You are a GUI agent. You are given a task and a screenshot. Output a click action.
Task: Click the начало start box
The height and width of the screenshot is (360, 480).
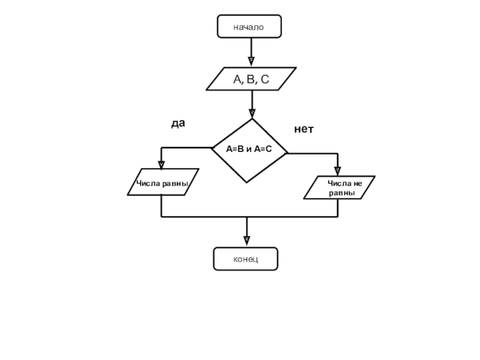click(x=249, y=26)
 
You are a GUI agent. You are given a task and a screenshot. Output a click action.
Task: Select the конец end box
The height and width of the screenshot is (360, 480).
click(x=245, y=259)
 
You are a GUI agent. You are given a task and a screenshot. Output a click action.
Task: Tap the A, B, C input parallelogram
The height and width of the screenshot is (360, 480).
click(x=251, y=79)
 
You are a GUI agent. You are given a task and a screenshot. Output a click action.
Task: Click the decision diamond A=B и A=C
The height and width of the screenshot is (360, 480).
click(x=249, y=151)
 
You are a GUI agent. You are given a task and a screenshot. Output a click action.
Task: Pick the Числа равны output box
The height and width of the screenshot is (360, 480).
click(x=163, y=182)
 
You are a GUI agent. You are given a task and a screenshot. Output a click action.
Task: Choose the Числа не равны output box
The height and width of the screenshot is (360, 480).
click(x=339, y=187)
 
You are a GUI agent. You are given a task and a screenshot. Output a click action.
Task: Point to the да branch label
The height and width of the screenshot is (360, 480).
click(x=178, y=123)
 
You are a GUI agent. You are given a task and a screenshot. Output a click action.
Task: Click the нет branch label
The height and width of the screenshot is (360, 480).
click(x=304, y=129)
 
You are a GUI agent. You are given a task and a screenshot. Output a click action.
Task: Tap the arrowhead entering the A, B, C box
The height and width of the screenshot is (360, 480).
click(x=251, y=61)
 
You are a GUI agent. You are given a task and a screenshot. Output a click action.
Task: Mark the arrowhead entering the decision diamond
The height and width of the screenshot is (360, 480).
click(x=252, y=113)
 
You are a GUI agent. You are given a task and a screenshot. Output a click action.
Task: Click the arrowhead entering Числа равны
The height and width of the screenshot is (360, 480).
click(x=161, y=165)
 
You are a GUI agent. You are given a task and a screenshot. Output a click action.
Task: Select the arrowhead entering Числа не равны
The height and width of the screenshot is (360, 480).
click(x=338, y=171)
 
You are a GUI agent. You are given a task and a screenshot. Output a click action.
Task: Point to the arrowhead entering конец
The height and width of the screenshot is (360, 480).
click(x=247, y=241)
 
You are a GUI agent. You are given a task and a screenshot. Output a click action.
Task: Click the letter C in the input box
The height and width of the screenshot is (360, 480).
click(x=265, y=79)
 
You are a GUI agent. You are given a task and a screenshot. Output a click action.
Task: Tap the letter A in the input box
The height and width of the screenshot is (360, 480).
click(x=238, y=79)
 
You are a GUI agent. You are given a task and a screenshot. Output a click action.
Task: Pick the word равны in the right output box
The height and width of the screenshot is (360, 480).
click(x=342, y=193)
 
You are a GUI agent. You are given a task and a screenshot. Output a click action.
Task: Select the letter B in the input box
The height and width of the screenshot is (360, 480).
click(x=251, y=79)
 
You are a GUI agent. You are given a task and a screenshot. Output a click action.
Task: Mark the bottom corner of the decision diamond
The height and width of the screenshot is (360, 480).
click(x=247, y=183)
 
